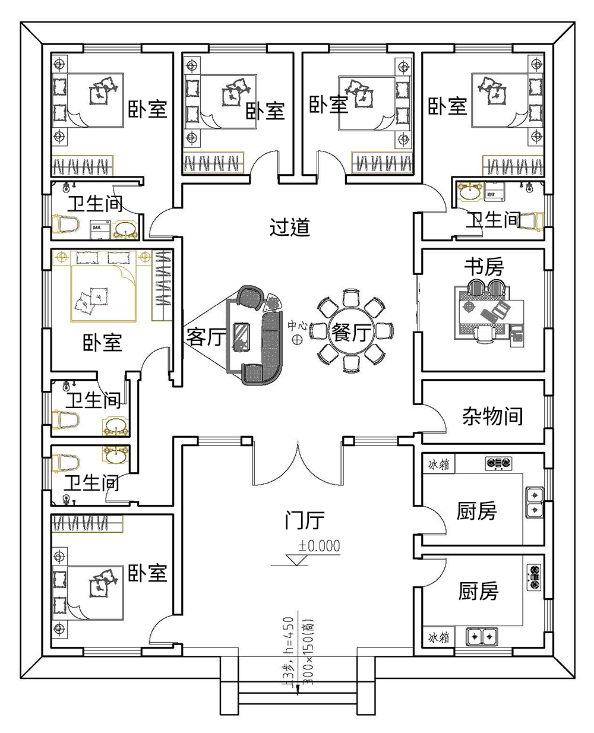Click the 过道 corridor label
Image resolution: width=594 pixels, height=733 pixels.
[290, 227]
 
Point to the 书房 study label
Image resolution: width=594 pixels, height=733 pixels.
[484, 267]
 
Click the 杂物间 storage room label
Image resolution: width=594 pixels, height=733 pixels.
[492, 416]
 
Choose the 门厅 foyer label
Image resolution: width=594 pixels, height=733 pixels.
[304, 521]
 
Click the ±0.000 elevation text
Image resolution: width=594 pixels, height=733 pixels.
[320, 546]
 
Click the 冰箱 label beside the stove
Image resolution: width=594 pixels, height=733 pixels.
[438, 465]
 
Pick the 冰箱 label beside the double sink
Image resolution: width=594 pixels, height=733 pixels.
[438, 637]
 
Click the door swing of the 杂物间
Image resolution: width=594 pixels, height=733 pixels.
[437, 420]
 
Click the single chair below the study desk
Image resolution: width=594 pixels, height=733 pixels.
[485, 335]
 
